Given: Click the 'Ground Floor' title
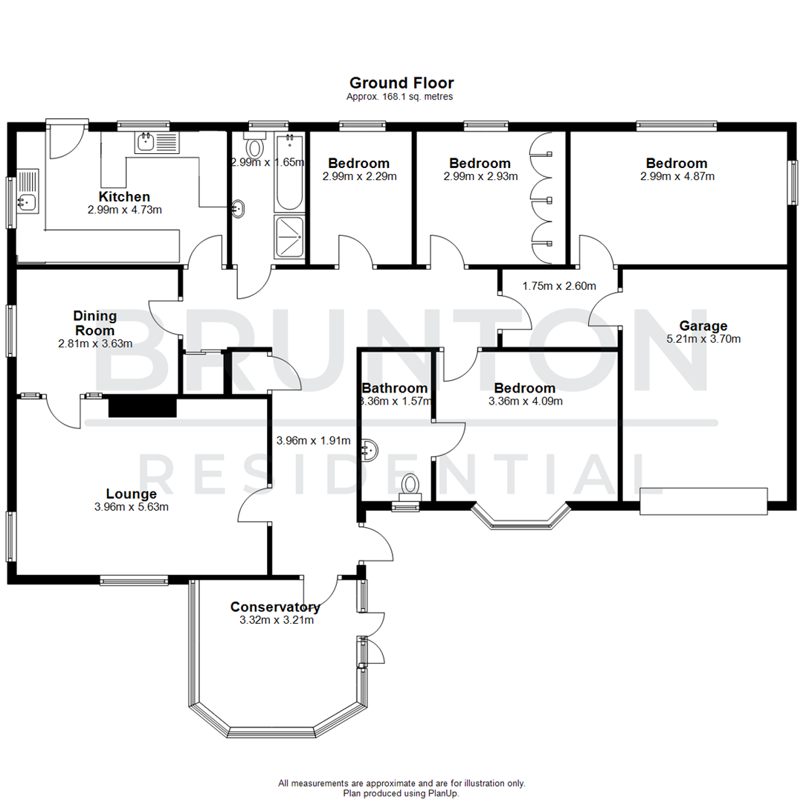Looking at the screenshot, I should click(401, 83).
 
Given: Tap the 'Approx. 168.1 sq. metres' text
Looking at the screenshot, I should click(401, 97).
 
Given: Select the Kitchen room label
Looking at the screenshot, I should click(124, 197).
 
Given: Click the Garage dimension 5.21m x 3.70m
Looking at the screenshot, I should click(703, 338).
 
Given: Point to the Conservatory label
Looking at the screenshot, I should click(275, 607).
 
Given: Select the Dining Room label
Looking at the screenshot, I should click(94, 323).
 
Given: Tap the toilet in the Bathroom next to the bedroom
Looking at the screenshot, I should click(410, 487).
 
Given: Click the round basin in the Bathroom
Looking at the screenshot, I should click(369, 449).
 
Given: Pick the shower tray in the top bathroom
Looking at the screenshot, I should click(289, 236).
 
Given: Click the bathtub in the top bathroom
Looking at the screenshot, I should click(290, 172).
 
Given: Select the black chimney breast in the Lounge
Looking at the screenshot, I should click(142, 407).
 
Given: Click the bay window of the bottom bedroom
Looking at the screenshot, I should click(520, 517).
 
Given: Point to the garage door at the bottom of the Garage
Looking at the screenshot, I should click(703, 500).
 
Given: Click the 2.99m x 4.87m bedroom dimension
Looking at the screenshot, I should click(677, 177).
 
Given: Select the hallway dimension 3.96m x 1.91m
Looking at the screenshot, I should click(313, 440).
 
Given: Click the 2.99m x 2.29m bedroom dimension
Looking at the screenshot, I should click(359, 177).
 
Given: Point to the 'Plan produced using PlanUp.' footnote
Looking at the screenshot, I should click(401, 793).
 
